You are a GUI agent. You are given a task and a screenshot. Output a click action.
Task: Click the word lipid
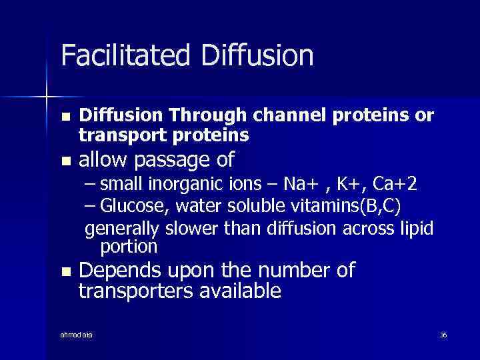[x=417, y=229]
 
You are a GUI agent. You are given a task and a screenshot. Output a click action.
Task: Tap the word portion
[x=129, y=247]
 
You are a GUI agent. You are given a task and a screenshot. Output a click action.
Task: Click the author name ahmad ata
[x=77, y=334]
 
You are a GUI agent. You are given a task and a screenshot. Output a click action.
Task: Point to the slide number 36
[x=443, y=334]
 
